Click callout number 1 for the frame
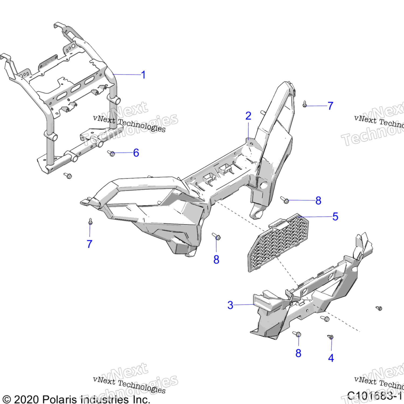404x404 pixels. tap(143, 75)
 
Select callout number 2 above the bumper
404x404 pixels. tap(248, 116)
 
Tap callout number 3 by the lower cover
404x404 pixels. tap(230, 305)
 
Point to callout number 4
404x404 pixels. tap(331, 358)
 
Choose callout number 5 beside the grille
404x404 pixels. tap(335, 217)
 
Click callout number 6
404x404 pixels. tap(136, 153)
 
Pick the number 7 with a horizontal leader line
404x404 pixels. tap(330, 106)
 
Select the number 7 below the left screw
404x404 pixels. tap(90, 244)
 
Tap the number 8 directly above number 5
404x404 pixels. tap(318, 201)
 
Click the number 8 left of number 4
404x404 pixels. tap(298, 353)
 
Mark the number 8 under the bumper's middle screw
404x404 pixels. tap(216, 260)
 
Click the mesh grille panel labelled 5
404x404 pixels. tap(277, 242)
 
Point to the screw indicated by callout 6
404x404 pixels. tap(111, 154)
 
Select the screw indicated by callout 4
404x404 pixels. tap(331, 337)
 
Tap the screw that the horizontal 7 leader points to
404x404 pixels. tap(305, 105)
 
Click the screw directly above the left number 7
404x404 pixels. tap(90, 222)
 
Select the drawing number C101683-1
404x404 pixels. tap(374, 396)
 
